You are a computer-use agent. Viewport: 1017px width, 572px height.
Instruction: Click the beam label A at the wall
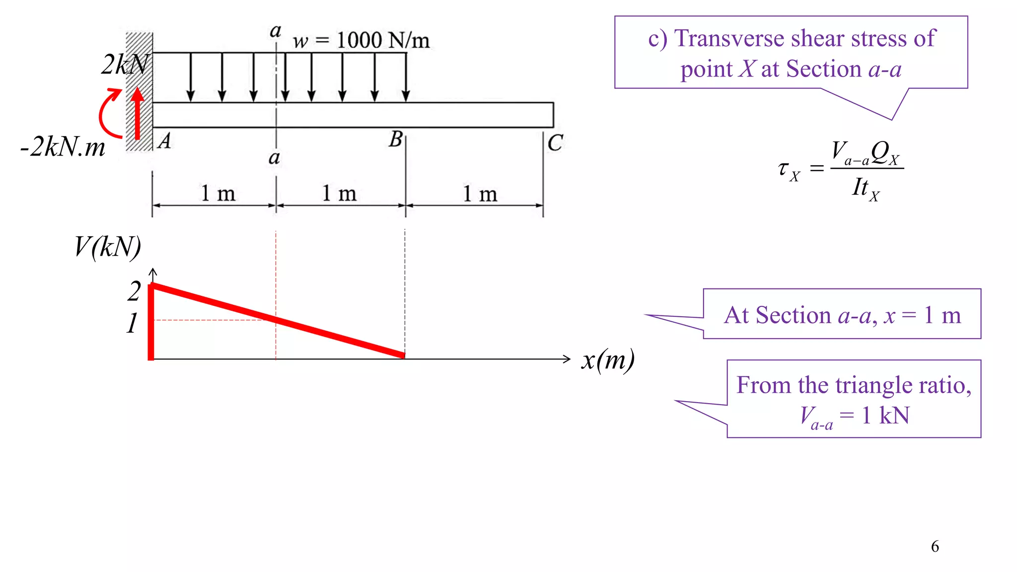[x=164, y=141]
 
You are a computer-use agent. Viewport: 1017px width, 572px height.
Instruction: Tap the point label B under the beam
[x=396, y=140]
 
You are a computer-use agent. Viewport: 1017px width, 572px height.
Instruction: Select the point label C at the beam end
[x=555, y=143]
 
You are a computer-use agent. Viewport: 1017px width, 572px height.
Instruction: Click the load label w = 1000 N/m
[x=361, y=40]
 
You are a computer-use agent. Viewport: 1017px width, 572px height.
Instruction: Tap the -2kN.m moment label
[x=63, y=147]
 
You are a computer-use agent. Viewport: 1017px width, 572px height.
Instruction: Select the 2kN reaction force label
[x=125, y=65]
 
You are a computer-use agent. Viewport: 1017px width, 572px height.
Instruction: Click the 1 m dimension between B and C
[x=480, y=194]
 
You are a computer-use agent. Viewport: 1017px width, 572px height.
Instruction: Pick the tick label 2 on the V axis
[x=134, y=291]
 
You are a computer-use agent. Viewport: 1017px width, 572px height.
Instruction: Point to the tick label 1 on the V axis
[x=132, y=323]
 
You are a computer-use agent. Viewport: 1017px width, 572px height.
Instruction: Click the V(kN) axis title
[x=107, y=247]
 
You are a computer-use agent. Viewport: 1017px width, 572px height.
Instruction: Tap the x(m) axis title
[x=607, y=360]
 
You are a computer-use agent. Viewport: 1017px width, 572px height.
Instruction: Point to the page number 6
[x=935, y=546]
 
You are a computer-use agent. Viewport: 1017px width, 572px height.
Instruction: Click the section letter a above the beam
[x=275, y=31]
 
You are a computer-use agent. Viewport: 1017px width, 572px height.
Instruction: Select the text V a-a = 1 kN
[x=854, y=416]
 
